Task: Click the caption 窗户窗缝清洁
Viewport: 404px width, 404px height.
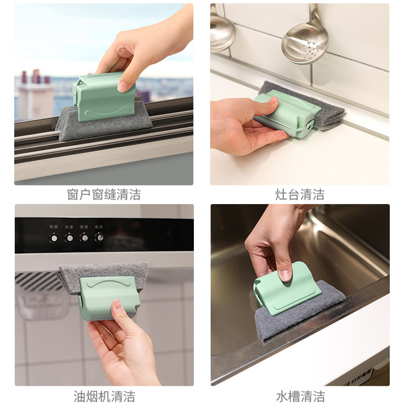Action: point(104,194)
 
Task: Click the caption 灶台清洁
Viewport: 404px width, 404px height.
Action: point(299,194)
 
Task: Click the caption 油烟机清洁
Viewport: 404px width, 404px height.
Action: point(104,395)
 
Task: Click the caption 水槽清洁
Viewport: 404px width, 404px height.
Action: point(299,395)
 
